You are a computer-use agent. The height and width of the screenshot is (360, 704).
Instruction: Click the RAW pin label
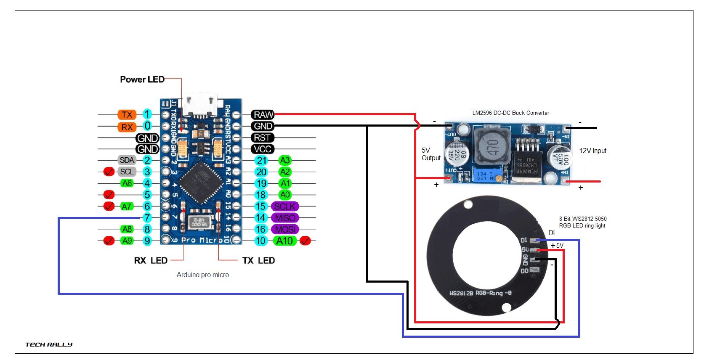pyautogui.click(x=263, y=114)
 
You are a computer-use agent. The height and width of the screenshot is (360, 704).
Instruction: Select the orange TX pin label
pyautogui.click(x=127, y=115)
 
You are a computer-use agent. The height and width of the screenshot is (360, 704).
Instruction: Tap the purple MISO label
pyautogui.click(x=285, y=218)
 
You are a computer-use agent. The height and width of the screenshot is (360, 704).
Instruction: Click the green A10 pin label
pyautogui.click(x=285, y=241)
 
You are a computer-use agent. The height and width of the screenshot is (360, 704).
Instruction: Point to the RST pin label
pyautogui.click(x=262, y=138)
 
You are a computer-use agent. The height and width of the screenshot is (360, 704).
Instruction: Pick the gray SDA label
pyautogui.click(x=127, y=160)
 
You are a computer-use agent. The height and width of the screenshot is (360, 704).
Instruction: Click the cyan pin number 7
pyautogui.click(x=147, y=218)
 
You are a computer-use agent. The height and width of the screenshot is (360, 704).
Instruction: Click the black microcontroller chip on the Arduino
pyautogui.click(x=201, y=182)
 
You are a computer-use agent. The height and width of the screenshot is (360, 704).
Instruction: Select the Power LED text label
pyautogui.click(x=142, y=79)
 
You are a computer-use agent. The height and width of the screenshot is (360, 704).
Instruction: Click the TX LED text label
pyautogui.click(x=258, y=261)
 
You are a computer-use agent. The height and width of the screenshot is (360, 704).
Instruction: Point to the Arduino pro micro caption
pyautogui.click(x=202, y=275)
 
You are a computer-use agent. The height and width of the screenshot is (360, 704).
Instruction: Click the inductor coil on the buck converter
pyautogui.click(x=492, y=146)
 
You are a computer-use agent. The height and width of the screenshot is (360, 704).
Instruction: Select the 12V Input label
pyautogui.click(x=592, y=151)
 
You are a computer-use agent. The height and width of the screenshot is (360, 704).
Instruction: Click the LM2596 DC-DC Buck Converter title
pyautogui.click(x=510, y=113)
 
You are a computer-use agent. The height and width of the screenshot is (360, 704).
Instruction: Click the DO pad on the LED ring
pyautogui.click(x=534, y=270)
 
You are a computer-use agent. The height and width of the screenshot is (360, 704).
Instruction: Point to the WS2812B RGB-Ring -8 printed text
pyautogui.click(x=480, y=293)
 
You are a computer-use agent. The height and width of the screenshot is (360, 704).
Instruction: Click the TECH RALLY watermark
pyautogui.click(x=48, y=344)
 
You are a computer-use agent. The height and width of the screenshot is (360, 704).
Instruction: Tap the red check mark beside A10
pyautogui.click(x=306, y=241)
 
